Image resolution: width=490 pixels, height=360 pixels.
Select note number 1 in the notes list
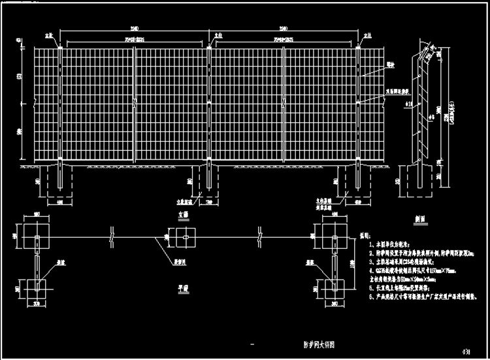click(370, 242)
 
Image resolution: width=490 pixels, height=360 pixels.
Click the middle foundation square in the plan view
click(184, 236)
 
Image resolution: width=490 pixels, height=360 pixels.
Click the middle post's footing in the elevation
click(209, 180)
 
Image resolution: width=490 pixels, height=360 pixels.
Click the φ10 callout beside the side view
click(408, 103)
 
